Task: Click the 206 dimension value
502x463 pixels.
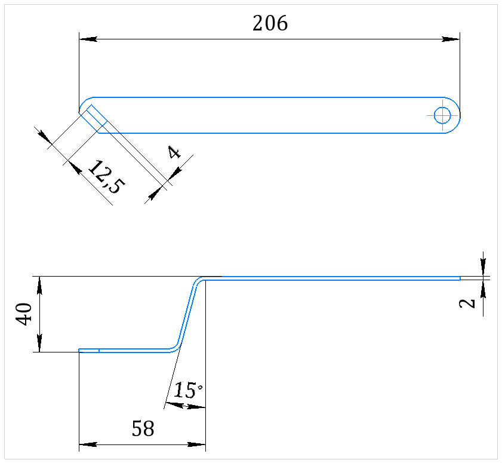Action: [270, 23]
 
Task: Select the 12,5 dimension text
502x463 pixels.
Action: [106, 177]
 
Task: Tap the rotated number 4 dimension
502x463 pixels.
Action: [174, 152]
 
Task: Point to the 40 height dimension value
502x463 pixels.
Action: [24, 314]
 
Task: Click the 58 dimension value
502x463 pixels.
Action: [143, 428]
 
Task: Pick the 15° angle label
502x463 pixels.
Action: [188, 390]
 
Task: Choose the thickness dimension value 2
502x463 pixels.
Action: [467, 303]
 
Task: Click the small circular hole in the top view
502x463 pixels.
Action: [442, 115]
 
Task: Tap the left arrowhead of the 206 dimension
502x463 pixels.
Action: [88, 39]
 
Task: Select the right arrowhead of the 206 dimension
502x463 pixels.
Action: [451, 39]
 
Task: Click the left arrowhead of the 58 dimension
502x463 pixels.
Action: [88, 444]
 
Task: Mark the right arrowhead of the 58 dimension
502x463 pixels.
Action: [196, 444]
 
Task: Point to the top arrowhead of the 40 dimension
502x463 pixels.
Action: [39, 285]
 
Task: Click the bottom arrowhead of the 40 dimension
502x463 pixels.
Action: [39, 343]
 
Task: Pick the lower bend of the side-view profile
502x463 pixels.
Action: [176, 348]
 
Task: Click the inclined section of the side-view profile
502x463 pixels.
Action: [188, 314]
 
